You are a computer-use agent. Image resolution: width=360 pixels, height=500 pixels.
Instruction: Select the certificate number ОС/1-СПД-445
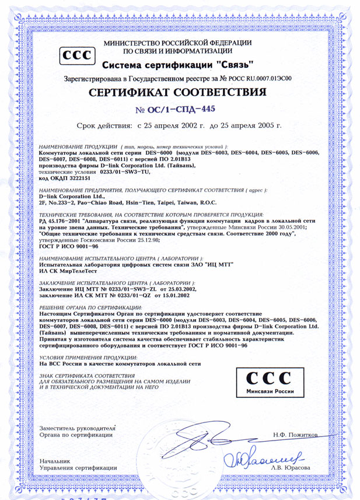click(x=180, y=110)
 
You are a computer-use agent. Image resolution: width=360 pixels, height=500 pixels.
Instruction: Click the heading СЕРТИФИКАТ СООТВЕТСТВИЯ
click(x=180, y=93)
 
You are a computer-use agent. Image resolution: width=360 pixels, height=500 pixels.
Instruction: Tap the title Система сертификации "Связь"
click(x=179, y=64)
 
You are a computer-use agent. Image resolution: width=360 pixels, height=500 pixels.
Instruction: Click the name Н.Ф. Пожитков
click(x=295, y=435)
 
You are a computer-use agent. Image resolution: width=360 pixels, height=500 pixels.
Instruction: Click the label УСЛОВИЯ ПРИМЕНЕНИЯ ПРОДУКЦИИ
click(x=88, y=356)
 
